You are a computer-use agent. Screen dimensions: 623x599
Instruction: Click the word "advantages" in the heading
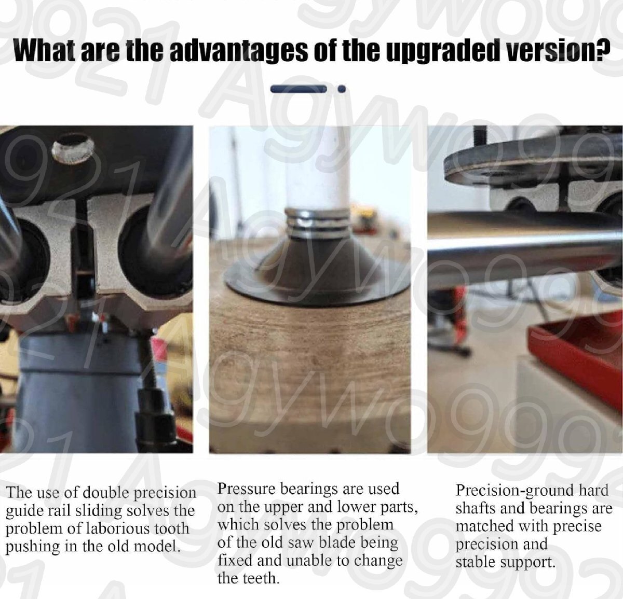(238, 50)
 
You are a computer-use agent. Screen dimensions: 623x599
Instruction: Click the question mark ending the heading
(602, 50)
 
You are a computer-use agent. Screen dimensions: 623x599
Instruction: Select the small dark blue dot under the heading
(342, 89)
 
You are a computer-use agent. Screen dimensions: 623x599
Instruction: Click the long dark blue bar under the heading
(299, 89)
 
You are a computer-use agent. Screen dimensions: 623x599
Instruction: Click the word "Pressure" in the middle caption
(246, 489)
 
